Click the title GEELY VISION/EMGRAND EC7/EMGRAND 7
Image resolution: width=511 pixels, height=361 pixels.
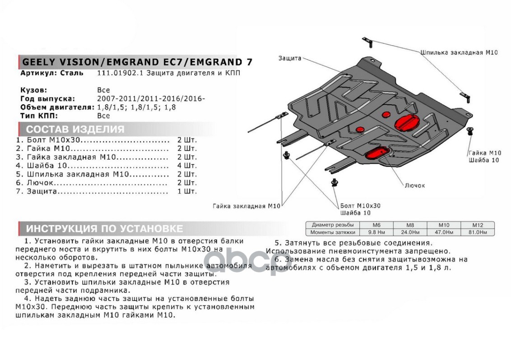click(137, 62)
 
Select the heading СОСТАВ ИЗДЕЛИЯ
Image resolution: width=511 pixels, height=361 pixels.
click(75, 130)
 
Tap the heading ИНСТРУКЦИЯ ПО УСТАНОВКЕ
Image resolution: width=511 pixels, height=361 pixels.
click(104, 228)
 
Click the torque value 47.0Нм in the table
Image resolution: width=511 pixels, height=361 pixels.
click(444, 232)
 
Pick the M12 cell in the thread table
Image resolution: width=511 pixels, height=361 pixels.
click(478, 225)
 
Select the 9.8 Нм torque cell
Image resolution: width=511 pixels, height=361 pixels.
click(377, 232)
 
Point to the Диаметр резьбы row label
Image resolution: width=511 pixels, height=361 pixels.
click(332, 225)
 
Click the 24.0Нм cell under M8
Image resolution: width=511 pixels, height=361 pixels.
click(410, 232)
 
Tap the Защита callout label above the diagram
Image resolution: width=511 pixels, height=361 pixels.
click(290, 58)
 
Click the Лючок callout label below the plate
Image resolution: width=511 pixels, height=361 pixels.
click(415, 185)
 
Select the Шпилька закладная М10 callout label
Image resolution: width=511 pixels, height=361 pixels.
click(459, 52)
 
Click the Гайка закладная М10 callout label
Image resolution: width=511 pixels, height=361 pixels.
click(246, 206)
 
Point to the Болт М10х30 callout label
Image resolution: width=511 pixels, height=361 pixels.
click(360, 206)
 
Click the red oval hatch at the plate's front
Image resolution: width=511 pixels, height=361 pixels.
click(377, 153)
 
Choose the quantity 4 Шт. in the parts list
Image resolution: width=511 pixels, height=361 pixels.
click(187, 166)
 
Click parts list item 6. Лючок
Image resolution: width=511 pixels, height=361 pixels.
click(35, 183)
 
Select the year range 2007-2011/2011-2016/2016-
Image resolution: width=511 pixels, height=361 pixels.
click(151, 99)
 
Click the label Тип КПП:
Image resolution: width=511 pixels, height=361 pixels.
click(39, 116)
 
